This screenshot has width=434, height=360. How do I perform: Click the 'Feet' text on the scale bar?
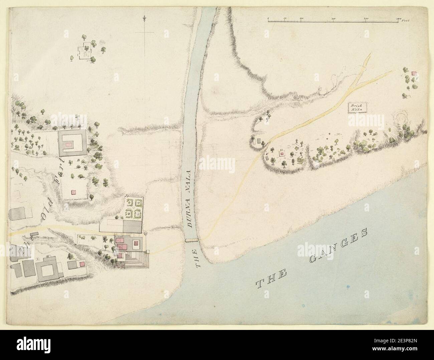(x=406, y=20)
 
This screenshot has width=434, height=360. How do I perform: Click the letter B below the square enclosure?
(x=78, y=160)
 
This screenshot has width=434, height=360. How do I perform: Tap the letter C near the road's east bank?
(x=267, y=153)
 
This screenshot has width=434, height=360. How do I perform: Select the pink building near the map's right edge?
(x=414, y=73)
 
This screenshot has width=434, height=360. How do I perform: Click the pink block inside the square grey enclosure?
(x=69, y=144)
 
